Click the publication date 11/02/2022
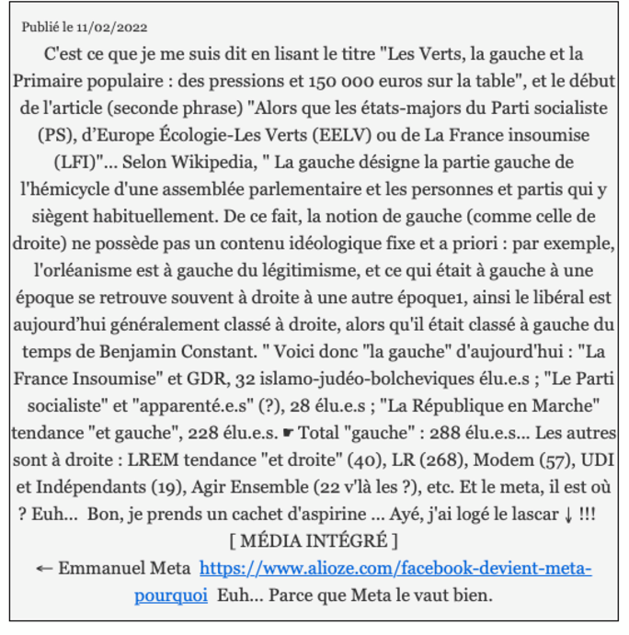(x=111, y=28)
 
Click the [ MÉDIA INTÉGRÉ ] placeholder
(x=314, y=540)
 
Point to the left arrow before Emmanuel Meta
(x=43, y=568)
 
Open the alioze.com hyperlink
(x=395, y=568)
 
